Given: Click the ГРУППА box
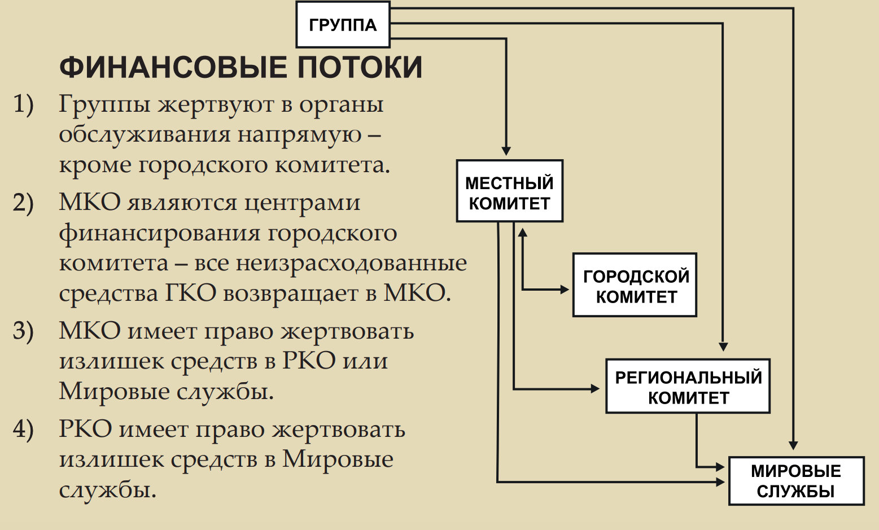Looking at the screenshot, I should click(x=343, y=25).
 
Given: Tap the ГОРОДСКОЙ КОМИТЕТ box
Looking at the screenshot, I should click(x=635, y=286).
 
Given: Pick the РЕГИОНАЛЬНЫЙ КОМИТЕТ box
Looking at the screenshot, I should click(x=688, y=387).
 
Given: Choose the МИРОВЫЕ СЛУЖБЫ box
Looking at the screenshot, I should click(x=796, y=481).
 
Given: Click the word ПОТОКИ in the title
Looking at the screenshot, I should click(x=360, y=67).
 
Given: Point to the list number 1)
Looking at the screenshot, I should click(x=23, y=104).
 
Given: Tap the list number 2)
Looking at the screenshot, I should click(x=23, y=203).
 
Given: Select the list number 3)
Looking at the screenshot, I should click(x=23, y=331).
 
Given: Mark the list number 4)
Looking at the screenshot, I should click(x=23, y=430).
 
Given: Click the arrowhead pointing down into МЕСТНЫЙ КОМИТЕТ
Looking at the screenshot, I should click(x=506, y=151).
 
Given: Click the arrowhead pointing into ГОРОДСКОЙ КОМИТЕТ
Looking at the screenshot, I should click(x=565, y=290).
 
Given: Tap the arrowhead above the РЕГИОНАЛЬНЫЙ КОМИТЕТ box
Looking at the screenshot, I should click(x=723, y=347).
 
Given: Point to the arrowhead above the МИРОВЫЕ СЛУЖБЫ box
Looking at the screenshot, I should click(x=793, y=445).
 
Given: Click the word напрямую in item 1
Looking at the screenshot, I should click(x=299, y=135).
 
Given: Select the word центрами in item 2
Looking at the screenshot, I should click(x=302, y=203).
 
